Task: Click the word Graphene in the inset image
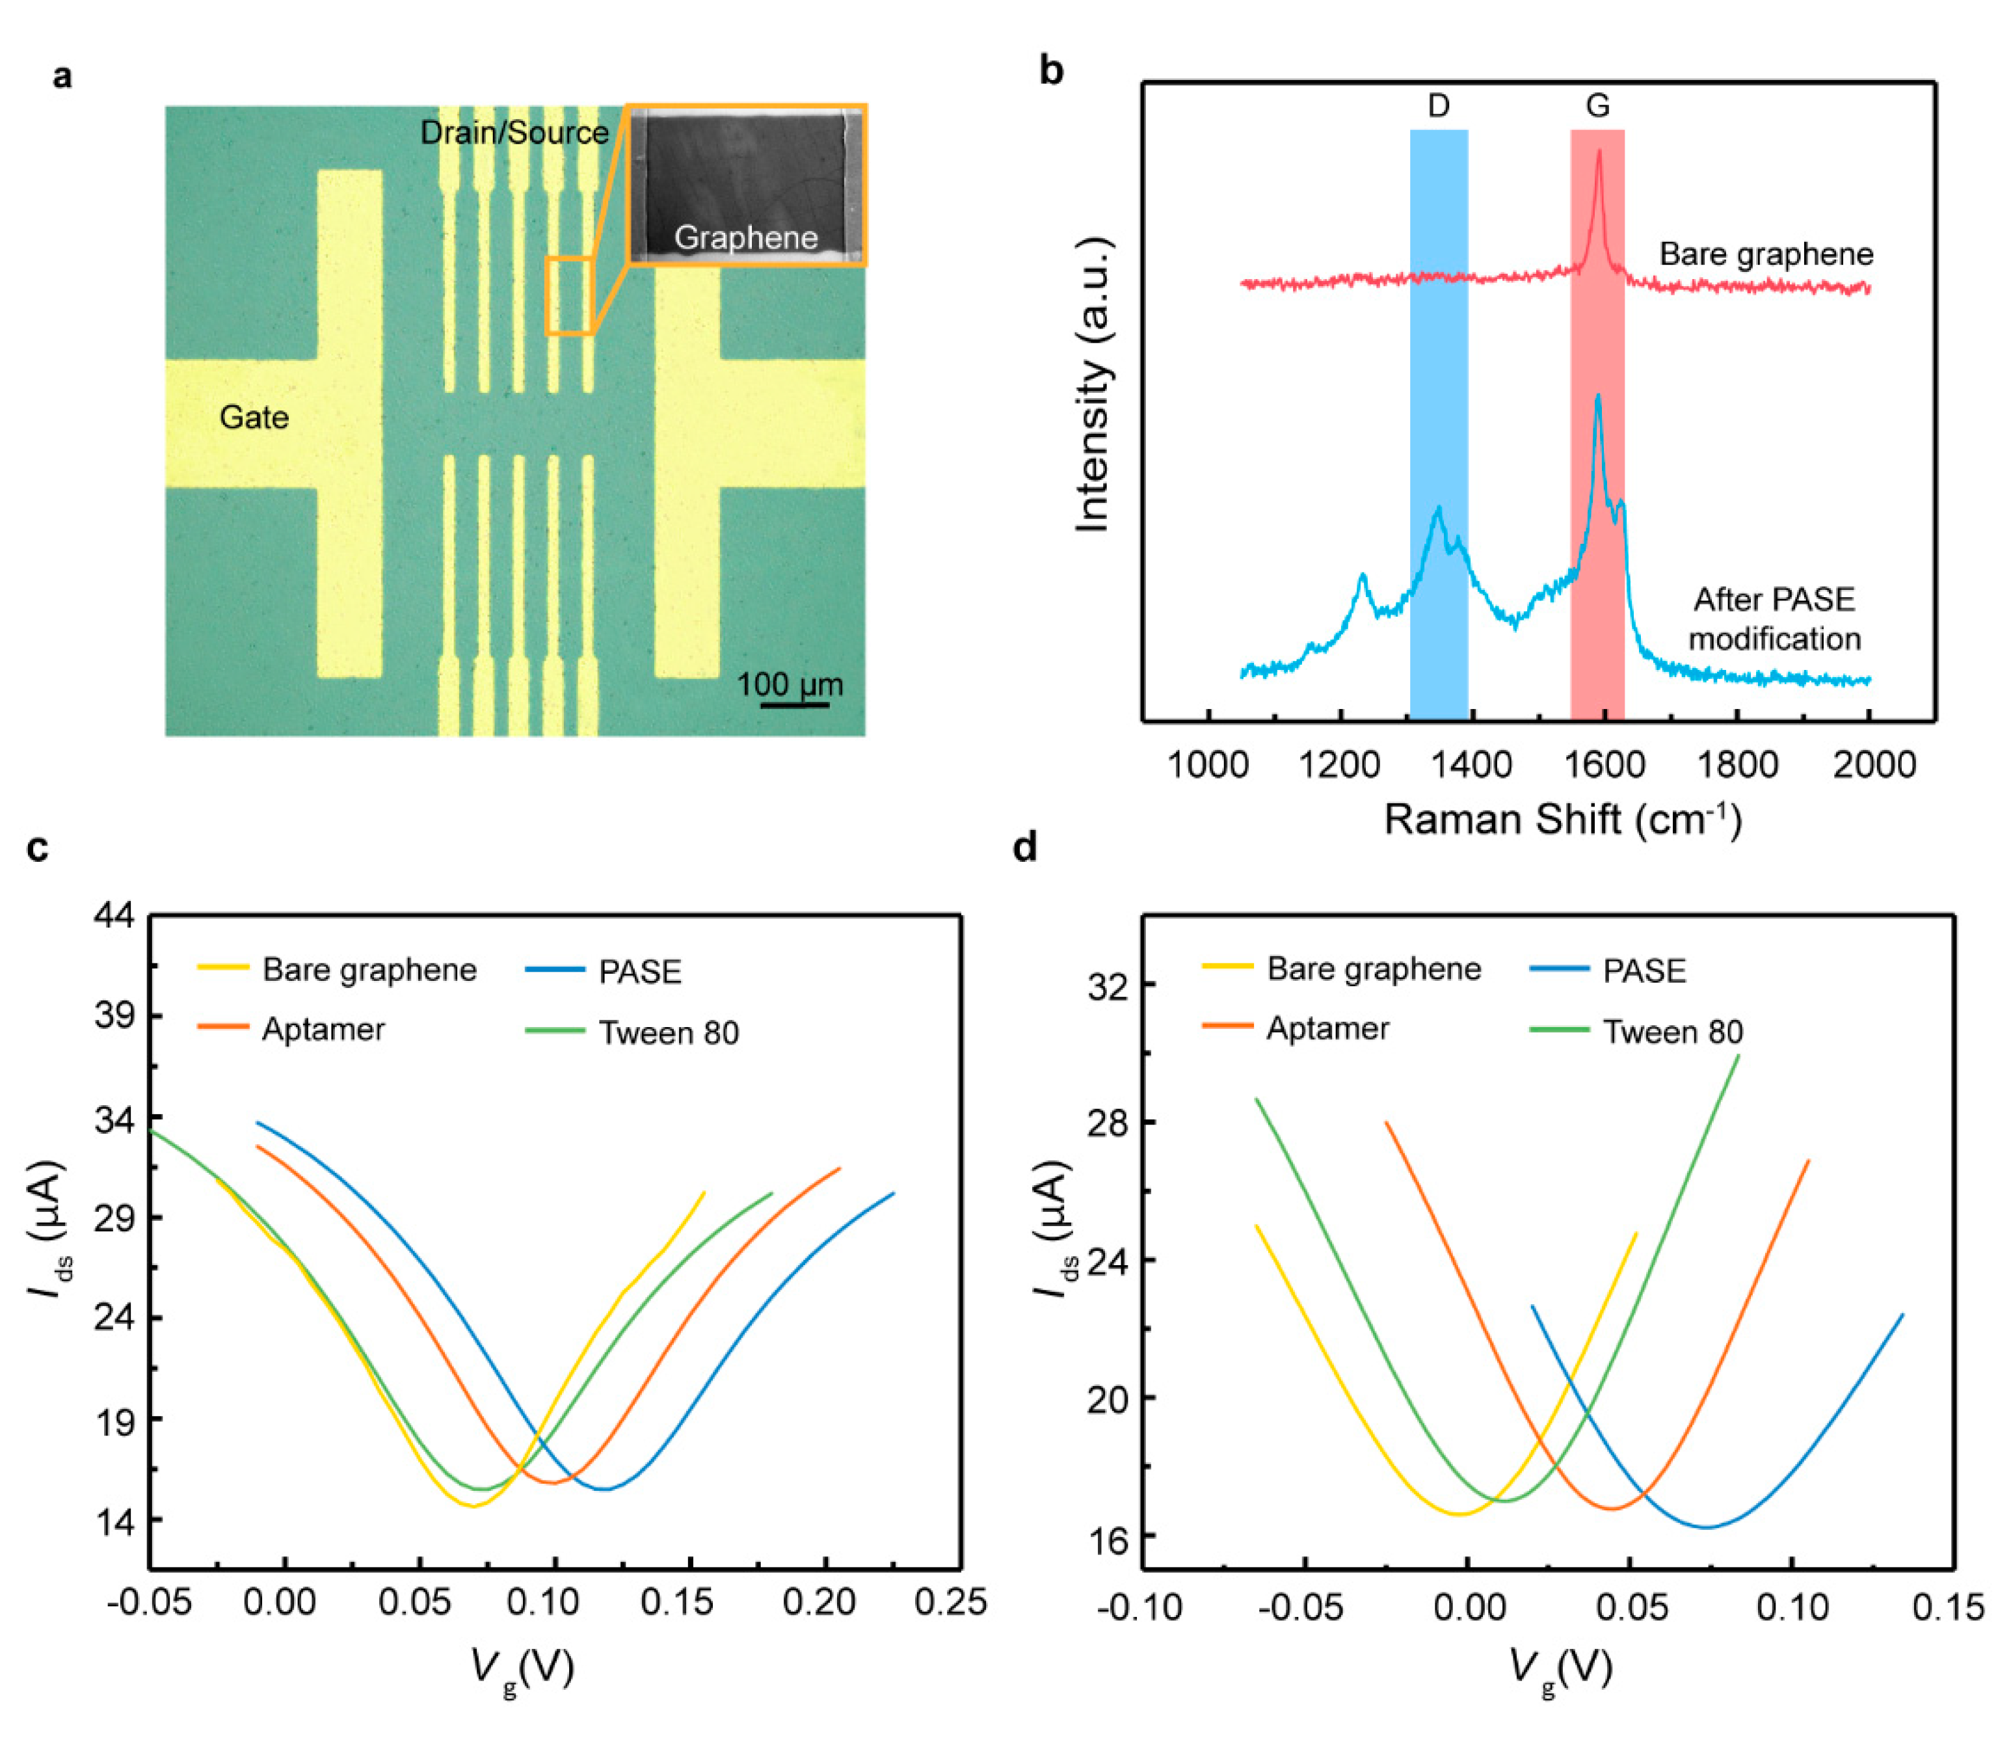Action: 745,238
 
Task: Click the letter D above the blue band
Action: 1439,106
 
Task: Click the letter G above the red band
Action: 1597,106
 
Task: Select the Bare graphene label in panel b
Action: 1765,254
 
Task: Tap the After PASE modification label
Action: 1774,619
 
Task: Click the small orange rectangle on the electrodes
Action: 568,296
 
